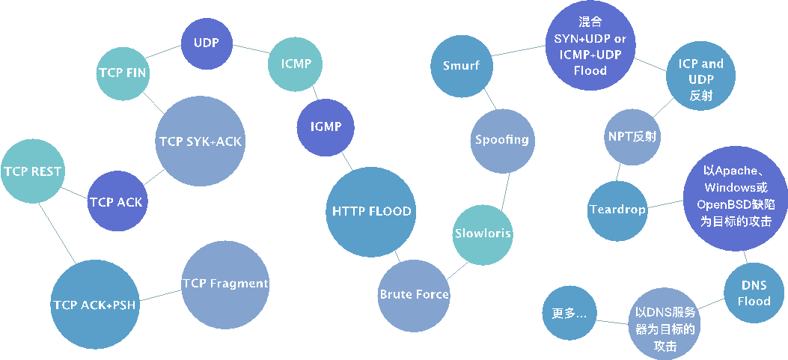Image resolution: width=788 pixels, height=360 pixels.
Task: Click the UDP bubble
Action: coord(207,43)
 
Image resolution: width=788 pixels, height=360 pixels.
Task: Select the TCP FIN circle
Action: coord(123,73)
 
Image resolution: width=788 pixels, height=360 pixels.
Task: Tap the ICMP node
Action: coord(296,64)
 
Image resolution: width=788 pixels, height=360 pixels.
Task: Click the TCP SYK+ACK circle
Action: coord(201,141)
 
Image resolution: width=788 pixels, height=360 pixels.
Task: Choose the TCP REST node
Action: coord(32,171)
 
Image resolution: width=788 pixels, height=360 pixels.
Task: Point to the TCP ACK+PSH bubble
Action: coord(94,305)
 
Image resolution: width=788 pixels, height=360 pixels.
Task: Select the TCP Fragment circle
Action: coord(225,284)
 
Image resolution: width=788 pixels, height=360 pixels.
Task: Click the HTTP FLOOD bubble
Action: coord(371,211)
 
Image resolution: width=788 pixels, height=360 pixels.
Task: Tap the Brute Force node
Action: coord(414,294)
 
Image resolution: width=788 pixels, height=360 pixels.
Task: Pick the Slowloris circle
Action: coord(483,234)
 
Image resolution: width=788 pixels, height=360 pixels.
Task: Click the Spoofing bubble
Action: coord(501,139)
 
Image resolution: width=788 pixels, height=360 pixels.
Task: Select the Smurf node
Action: coord(461,66)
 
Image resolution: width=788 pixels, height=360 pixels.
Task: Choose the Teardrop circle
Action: coord(617,210)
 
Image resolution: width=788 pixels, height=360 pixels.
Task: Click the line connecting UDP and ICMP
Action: coord(251,49)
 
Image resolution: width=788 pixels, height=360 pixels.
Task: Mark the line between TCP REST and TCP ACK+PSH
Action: coord(56,232)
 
